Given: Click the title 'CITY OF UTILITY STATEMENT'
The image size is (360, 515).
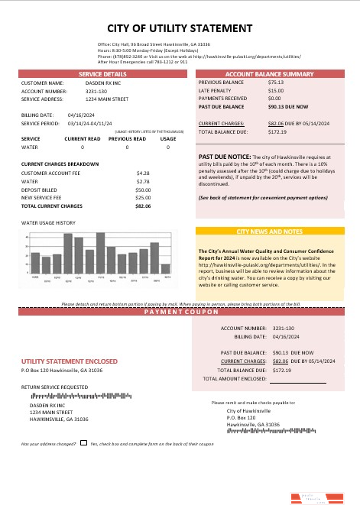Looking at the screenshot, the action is click(180, 28).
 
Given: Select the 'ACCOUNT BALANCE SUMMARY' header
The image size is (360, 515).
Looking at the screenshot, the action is click(270, 73).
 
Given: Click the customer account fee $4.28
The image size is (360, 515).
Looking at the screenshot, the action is click(143, 173).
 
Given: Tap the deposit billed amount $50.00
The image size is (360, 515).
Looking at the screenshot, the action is click(143, 189).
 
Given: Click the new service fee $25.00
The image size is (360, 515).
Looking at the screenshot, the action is click(143, 197).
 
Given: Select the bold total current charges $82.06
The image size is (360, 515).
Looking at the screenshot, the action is click(143, 206).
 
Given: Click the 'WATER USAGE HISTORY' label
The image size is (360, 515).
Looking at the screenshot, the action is click(48, 222).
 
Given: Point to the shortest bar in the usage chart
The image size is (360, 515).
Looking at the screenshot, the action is click(165, 269).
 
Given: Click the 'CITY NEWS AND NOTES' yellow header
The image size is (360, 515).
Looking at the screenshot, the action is click(270, 231).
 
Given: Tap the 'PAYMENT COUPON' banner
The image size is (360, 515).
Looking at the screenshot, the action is click(180, 314).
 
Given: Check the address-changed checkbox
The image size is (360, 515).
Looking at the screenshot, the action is click(83, 443).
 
